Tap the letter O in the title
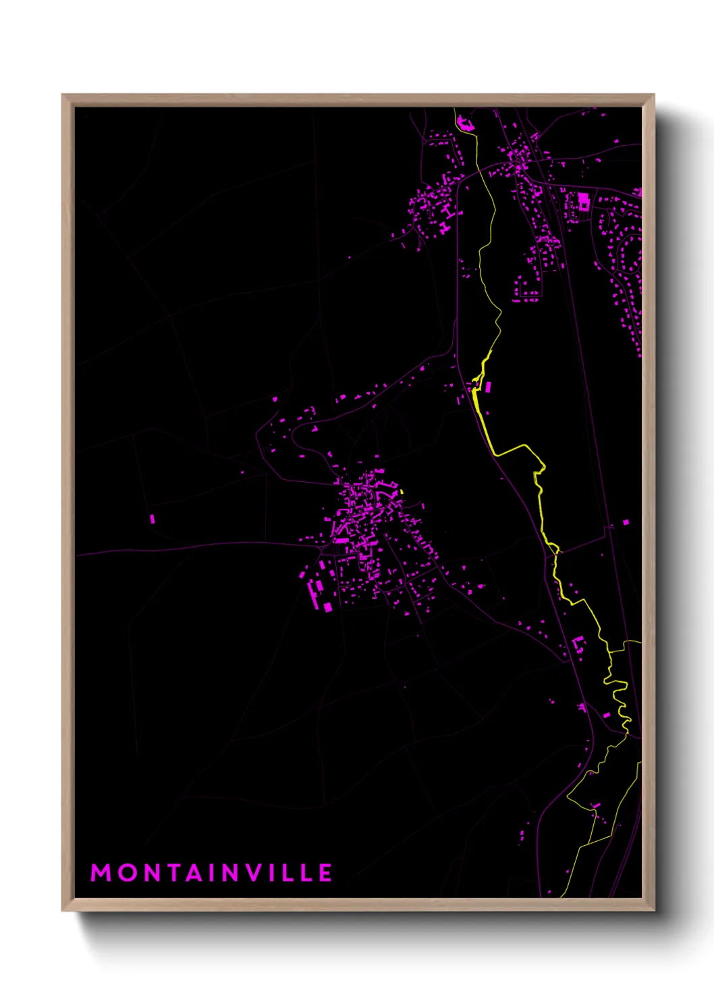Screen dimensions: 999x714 [127, 873]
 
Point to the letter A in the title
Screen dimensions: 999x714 [196, 873]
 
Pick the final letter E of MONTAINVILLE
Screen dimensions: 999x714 [325, 873]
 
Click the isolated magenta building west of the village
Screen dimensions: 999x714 [153, 519]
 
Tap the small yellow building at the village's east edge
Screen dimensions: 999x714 [402, 492]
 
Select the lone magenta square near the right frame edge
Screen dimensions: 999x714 [626, 522]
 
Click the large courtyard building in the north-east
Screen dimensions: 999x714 [582, 201]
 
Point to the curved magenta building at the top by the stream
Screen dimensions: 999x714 [464, 123]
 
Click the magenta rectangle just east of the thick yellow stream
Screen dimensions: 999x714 [487, 387]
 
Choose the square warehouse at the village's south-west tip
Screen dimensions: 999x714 [328, 607]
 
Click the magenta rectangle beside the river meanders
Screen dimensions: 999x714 [606, 715]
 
